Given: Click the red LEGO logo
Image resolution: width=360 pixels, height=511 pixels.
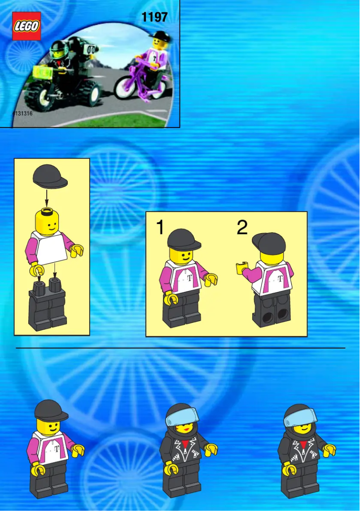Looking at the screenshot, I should [26, 26].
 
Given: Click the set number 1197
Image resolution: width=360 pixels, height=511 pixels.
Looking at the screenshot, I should [154, 18].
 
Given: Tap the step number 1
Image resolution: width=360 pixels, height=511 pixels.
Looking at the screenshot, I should [160, 228].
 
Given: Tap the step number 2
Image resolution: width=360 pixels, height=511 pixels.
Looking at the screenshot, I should [242, 228].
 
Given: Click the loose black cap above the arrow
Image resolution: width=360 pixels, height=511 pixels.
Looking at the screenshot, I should [50, 176].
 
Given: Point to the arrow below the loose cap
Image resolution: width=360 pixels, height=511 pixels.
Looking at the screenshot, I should [47, 196].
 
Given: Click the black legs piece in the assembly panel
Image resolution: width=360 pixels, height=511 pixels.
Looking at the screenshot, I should [48, 305].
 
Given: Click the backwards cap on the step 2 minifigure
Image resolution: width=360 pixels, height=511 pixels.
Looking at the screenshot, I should [269, 243].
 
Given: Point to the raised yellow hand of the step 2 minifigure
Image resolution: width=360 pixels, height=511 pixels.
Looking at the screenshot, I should [242, 268].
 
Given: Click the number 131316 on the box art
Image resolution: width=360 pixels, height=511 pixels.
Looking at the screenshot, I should [23, 114].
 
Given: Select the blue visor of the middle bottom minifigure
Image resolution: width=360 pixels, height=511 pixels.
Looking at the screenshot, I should [182, 417].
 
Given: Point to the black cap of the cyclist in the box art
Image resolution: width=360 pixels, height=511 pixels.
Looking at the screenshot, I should [159, 35].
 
